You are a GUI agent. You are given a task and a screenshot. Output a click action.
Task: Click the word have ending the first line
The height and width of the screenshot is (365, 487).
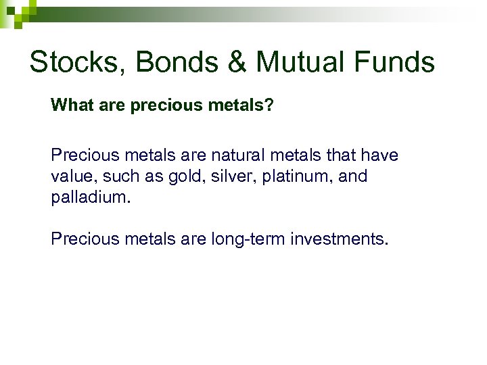coord(378,155)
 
